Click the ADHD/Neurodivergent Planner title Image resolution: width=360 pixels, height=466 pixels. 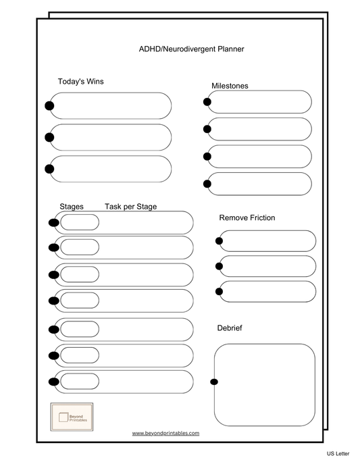191,49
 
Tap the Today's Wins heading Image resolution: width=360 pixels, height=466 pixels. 80,82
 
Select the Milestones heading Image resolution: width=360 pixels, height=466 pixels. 230,86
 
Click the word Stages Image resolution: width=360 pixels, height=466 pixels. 72,207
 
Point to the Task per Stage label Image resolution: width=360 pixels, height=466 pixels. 130,207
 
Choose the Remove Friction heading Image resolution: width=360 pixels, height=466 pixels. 247,218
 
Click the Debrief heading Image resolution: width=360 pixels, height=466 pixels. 230,328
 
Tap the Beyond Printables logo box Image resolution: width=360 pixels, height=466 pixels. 72,418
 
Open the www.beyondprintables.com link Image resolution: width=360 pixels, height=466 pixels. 165,433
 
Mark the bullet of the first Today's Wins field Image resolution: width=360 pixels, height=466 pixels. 49,105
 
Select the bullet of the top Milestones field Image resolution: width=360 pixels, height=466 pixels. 207,102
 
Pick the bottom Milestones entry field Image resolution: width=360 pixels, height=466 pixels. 260,184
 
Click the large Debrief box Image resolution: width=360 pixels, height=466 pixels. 265,384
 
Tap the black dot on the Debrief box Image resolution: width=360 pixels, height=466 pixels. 214,382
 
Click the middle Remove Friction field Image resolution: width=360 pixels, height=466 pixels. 267,266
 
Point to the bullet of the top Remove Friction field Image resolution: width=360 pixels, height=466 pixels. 219,241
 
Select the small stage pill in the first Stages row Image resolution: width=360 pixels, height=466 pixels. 80,222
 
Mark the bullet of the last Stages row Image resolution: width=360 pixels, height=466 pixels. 53,382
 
